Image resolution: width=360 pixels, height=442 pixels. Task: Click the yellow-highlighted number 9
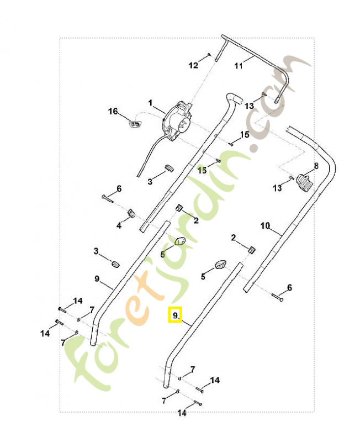175,315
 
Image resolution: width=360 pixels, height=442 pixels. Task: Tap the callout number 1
150,103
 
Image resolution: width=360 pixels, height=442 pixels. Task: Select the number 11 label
239,66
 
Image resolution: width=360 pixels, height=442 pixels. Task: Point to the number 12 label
193,66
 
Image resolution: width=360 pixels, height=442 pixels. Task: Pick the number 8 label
316,166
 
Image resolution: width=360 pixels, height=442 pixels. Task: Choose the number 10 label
265,225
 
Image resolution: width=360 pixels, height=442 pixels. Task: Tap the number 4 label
119,225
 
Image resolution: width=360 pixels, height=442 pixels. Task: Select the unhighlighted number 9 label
97,279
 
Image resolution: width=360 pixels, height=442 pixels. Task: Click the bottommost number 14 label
182,413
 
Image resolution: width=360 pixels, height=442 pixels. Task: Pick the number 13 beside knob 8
278,188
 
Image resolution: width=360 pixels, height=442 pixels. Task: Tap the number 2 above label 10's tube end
233,238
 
